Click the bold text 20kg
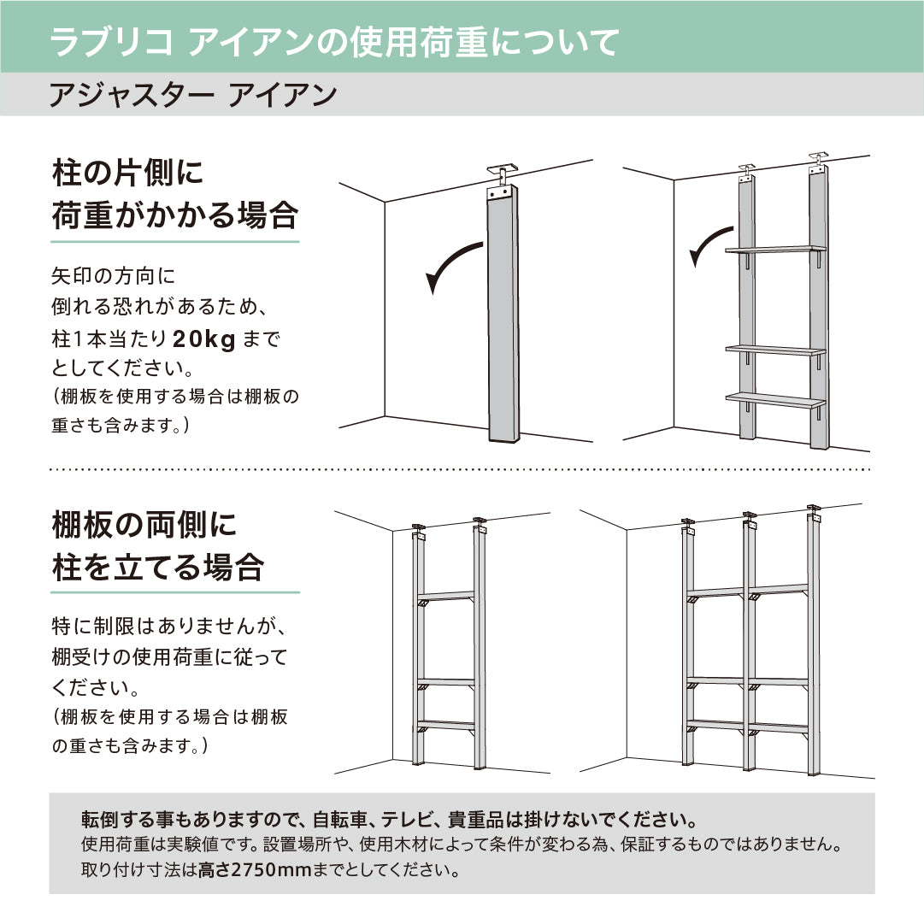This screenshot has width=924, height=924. point(204,339)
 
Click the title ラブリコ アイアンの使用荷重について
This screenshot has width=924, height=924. point(335,42)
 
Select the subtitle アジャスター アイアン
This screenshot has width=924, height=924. point(193,95)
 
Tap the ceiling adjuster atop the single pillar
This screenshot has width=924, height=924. point(502,175)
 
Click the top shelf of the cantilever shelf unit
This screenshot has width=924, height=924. point(775,250)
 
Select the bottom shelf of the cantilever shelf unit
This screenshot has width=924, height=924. point(775,399)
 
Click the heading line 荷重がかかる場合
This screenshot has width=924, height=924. point(175,215)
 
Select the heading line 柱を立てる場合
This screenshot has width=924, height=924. point(158,567)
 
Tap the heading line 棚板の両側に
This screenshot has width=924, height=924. point(144,525)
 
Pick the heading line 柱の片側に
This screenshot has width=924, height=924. point(128,173)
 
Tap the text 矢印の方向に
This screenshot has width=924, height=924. point(113,276)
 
